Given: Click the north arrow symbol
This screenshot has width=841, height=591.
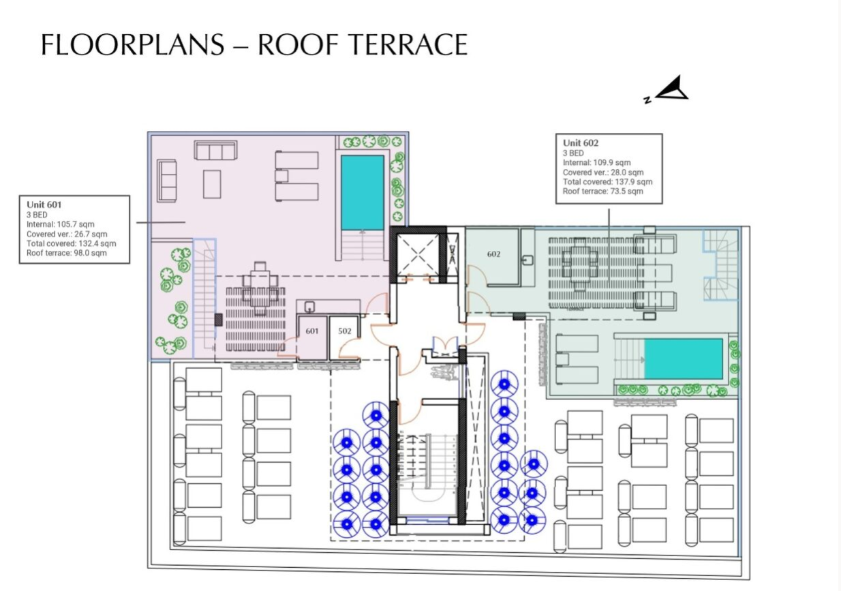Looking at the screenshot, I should tap(671, 90).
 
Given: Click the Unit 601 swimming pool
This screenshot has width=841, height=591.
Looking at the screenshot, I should tap(362, 193).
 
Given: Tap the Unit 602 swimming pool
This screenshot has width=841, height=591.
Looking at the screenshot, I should tap(683, 359).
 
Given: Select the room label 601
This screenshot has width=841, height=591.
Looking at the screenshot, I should tap(312, 331).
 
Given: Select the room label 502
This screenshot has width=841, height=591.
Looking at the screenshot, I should tap(345, 331).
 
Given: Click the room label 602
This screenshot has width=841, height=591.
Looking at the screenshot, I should tap(494, 254).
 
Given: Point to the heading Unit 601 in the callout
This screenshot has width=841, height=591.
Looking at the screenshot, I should tap(45, 204).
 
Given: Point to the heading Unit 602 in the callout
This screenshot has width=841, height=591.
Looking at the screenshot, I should tap(581, 142).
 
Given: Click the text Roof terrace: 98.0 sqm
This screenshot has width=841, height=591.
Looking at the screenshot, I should tap(67, 253).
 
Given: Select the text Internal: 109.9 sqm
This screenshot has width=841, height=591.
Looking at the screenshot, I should tap(596, 163).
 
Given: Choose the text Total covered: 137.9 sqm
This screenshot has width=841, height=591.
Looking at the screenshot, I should tap(607, 182).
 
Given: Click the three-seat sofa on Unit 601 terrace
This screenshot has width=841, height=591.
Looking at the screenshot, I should tap(215, 149).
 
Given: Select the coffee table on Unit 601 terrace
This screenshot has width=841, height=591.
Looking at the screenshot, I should tap(212, 183).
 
